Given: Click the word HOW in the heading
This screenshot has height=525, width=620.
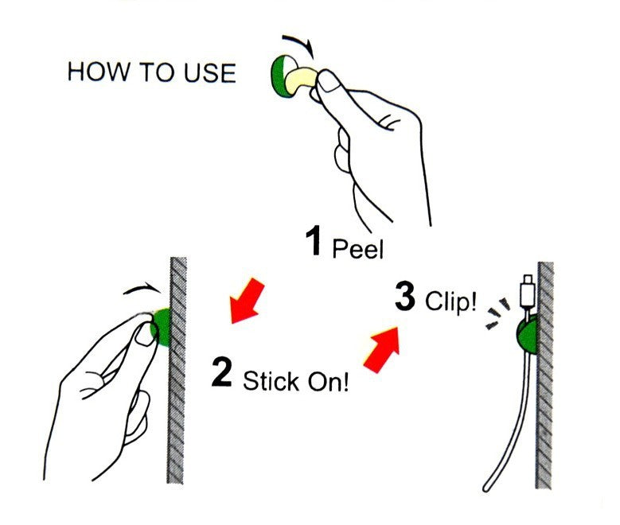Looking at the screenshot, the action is [99, 72].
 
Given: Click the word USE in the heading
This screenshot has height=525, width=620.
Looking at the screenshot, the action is [209, 72].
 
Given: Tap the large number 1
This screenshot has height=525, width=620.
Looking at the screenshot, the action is [314, 240].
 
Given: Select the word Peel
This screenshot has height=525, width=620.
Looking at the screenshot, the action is [358, 249].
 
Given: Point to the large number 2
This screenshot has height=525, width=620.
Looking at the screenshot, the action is [221, 371].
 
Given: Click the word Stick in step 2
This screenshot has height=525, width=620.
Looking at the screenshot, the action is [271, 381].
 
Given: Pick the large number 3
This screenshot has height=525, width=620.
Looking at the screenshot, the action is [405, 296].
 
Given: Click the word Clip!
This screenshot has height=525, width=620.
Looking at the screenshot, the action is [450, 301].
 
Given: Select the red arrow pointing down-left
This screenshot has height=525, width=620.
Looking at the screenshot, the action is [245, 301].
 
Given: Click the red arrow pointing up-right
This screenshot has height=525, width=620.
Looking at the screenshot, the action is [382, 349].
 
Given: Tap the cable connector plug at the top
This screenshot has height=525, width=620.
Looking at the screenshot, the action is [528, 292].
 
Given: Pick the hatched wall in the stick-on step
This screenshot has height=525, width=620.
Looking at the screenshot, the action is [177, 370].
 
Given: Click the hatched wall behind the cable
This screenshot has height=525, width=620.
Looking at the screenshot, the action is [545, 375].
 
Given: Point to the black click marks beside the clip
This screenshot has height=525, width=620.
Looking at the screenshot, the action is [497, 314].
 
